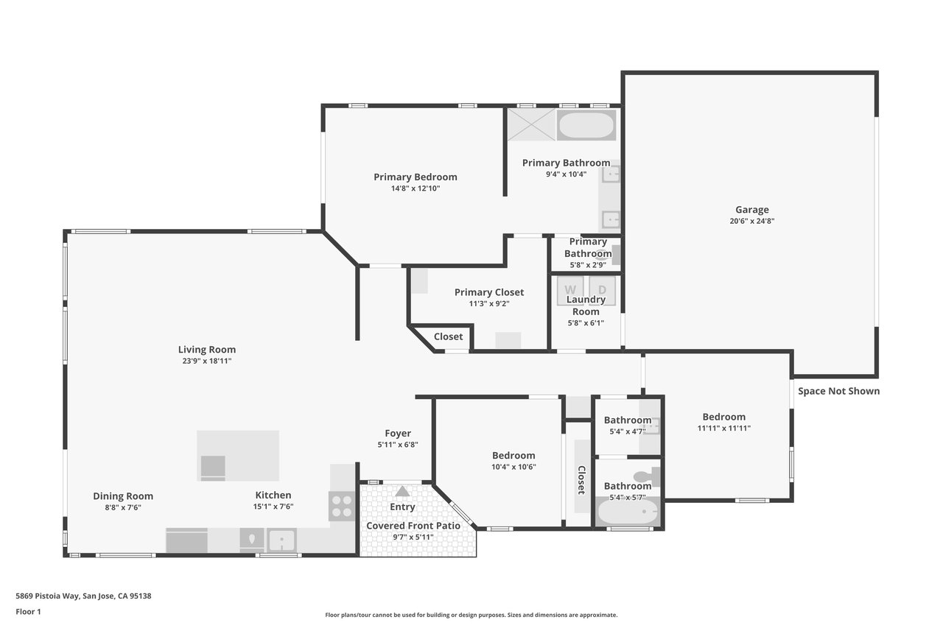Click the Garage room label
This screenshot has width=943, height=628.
(x=752, y=210)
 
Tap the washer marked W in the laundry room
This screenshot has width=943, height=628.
(x=570, y=290)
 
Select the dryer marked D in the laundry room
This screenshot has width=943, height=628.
(x=602, y=290)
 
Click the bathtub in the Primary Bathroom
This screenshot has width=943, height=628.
(x=586, y=125)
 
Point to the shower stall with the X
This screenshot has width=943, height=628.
(x=531, y=124)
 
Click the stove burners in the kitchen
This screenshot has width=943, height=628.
(x=342, y=507)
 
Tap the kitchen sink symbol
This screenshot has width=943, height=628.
(x=281, y=540)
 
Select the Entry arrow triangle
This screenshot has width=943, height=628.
(x=402, y=491)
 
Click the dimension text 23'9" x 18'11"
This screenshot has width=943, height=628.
(x=207, y=361)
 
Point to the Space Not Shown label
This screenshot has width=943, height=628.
(x=838, y=391)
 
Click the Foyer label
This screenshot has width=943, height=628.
(x=398, y=433)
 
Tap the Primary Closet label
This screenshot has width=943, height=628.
(x=489, y=292)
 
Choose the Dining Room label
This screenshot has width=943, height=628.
(x=123, y=496)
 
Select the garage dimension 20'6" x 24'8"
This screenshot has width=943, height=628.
(x=752, y=222)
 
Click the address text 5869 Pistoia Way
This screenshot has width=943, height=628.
(x=48, y=596)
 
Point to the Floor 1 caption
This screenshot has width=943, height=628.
(x=28, y=612)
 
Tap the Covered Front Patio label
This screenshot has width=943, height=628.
(x=413, y=526)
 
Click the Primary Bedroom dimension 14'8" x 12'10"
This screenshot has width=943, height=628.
(x=416, y=188)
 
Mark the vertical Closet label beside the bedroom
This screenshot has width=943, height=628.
(x=581, y=480)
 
